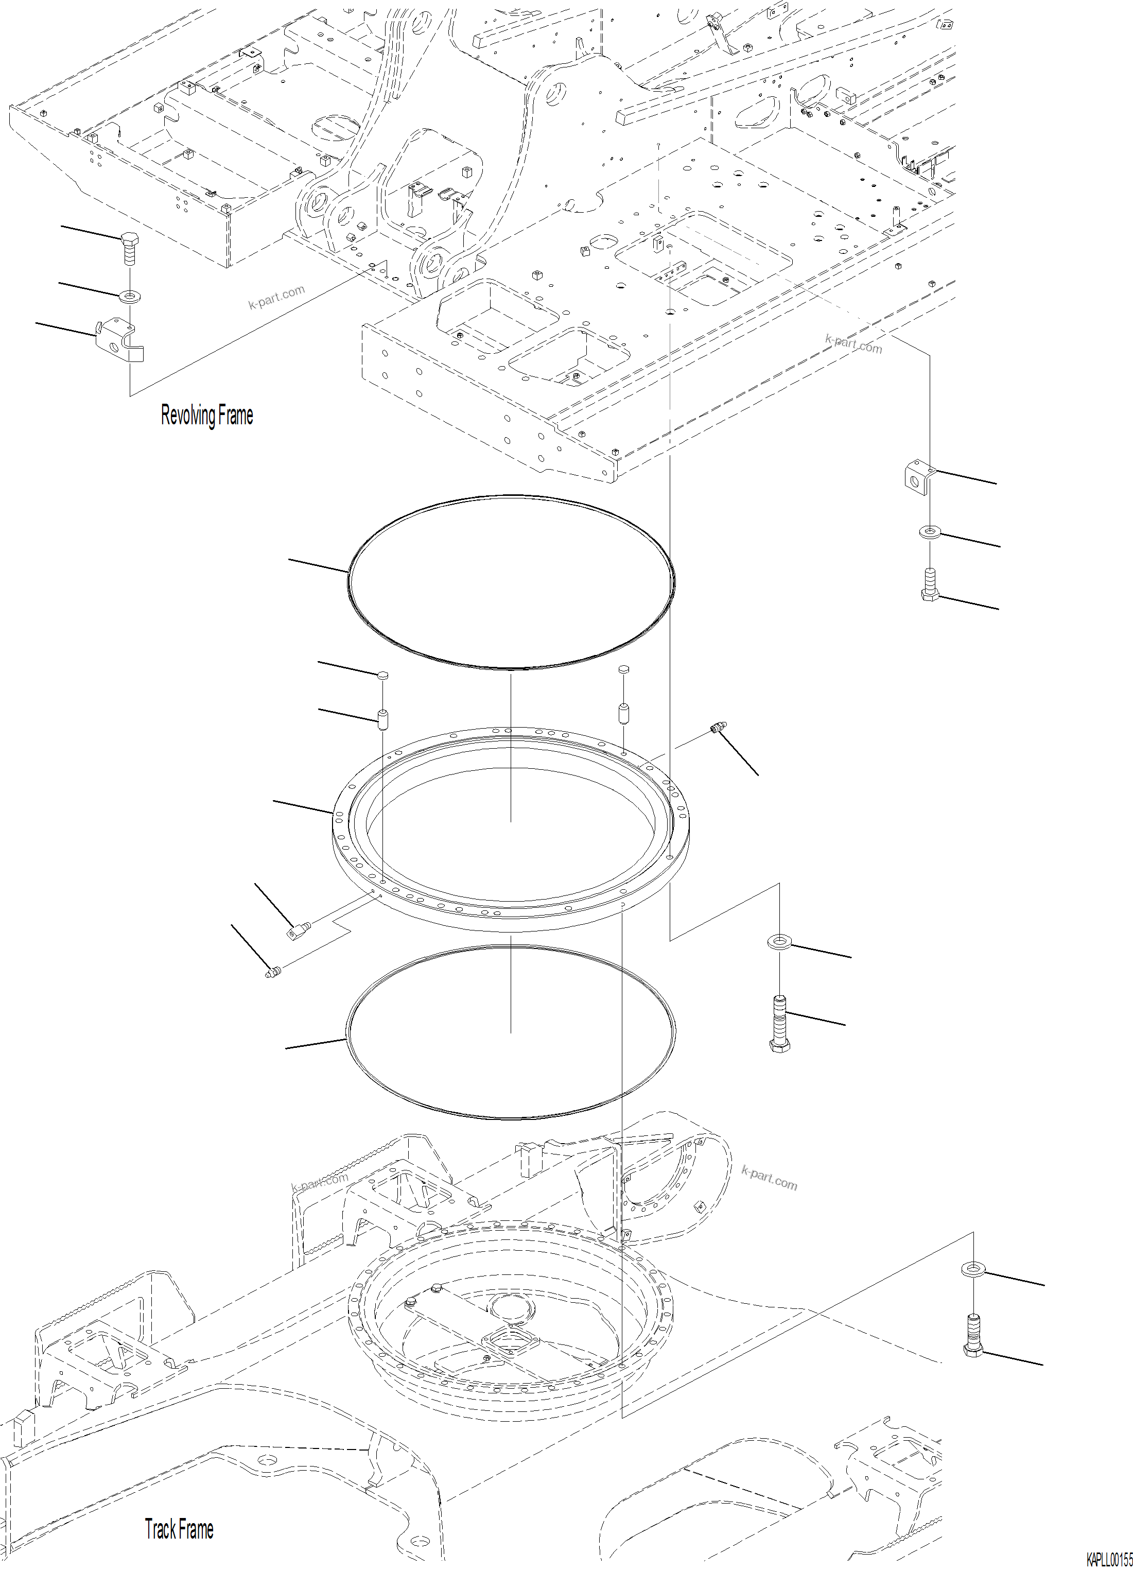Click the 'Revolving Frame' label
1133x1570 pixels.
coord(206,416)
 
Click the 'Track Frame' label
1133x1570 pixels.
coord(179,1490)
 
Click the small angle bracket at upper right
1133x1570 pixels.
coord(918,478)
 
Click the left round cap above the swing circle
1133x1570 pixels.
coord(382,674)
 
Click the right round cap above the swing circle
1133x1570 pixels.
coord(623,669)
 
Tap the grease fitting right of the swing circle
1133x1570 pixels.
coord(718,728)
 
